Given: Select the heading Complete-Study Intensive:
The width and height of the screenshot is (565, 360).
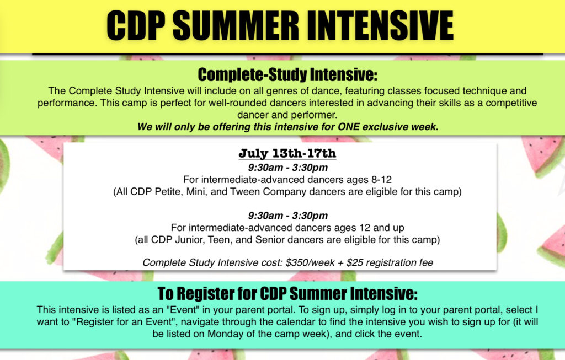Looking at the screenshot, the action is tap(287, 74).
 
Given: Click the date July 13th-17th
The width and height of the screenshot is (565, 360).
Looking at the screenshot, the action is tap(287, 153).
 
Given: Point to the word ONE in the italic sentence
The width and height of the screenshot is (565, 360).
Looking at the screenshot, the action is tap(349, 127).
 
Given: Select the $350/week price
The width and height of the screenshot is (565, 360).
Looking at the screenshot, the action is tap(310, 262).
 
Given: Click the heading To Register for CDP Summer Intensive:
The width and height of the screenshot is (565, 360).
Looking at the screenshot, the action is tap(287, 293).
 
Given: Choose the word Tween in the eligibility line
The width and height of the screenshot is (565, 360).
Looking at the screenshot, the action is tap(246, 191).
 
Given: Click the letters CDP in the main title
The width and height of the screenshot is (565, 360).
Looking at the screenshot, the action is tap(136, 25).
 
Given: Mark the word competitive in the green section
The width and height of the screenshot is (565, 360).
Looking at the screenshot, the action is tap(511, 103).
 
